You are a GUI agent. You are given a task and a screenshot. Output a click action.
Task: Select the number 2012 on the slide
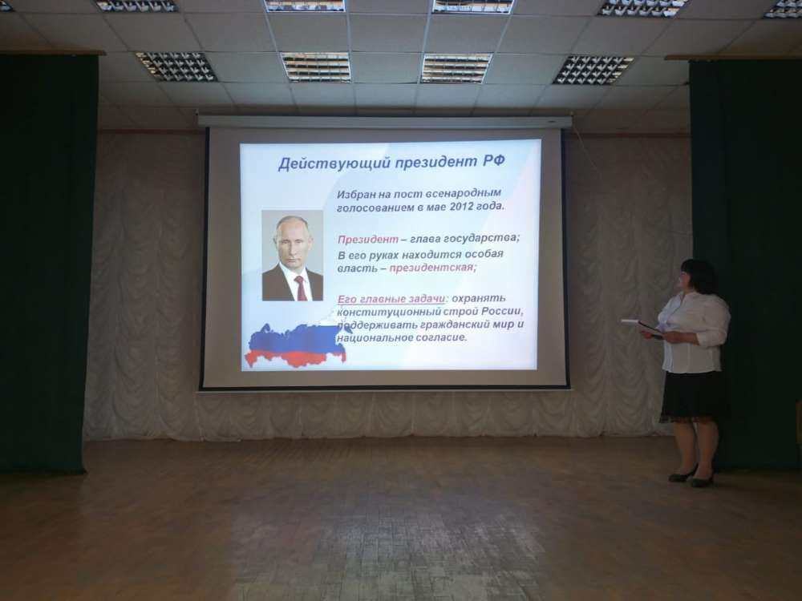(463, 207)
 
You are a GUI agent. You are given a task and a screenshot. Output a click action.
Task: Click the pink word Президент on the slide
(368, 240)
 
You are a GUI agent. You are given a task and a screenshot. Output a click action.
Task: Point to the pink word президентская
(431, 268)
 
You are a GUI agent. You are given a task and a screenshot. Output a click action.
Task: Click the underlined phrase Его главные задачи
(391, 300)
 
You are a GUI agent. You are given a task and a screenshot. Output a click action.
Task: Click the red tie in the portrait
(301, 288)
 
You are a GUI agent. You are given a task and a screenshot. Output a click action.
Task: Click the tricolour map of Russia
(296, 345)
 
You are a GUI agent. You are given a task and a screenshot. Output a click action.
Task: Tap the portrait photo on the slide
(292, 255)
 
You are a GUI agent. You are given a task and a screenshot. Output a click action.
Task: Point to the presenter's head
(695, 277)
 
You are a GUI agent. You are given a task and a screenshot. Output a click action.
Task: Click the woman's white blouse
(695, 333)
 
